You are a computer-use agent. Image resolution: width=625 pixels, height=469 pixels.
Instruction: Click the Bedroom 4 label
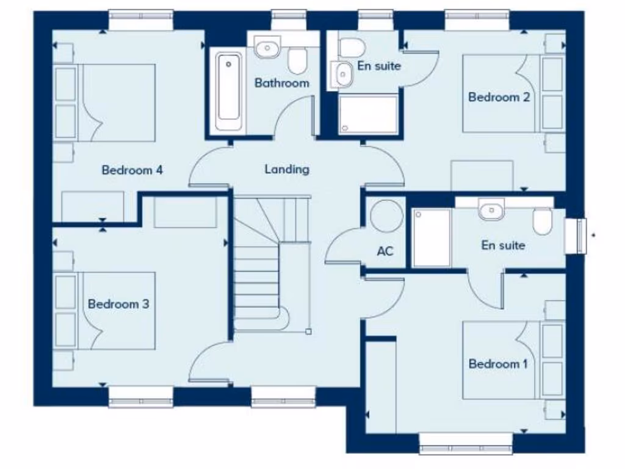click(x=132, y=170)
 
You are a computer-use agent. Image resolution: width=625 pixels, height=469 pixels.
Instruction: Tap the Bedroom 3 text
click(x=118, y=304)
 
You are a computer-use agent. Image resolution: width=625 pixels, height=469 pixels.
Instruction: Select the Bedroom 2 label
click(x=499, y=96)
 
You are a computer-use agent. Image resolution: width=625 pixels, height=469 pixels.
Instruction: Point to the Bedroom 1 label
click(x=498, y=364)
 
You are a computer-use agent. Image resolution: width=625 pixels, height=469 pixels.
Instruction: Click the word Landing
click(x=287, y=169)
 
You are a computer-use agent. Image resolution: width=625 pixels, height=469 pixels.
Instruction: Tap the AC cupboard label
click(x=385, y=251)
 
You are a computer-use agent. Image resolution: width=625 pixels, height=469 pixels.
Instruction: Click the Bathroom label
click(x=282, y=82)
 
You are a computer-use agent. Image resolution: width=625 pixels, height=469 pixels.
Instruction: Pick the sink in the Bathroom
click(x=267, y=46)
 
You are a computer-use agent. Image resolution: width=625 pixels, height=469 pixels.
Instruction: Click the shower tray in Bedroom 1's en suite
click(x=432, y=237)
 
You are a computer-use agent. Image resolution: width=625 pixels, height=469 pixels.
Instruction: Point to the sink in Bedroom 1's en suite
click(x=491, y=211)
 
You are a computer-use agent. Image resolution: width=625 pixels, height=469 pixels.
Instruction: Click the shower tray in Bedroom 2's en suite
click(x=369, y=114)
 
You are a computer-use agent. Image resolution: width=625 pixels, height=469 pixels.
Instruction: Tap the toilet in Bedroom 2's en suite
click(x=352, y=46)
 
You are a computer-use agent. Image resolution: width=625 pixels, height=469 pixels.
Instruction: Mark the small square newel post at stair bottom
click(x=308, y=332)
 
